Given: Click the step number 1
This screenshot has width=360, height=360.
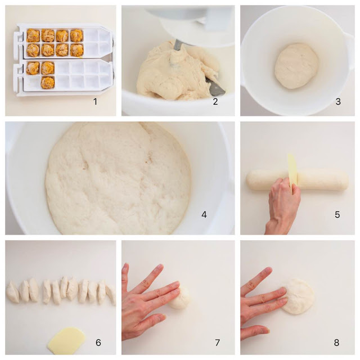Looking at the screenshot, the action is click(95, 101).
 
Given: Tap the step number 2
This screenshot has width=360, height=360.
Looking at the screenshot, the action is click(215, 101).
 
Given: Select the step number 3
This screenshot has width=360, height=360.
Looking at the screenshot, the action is click(338, 101).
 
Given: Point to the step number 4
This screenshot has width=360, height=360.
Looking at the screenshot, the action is click(204, 215).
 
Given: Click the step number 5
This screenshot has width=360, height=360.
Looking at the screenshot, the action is click(337, 215).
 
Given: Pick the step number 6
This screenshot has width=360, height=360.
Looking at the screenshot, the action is click(98, 343).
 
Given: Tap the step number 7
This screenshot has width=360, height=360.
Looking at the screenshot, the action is click(217, 343).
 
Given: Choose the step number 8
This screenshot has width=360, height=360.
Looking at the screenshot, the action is click(336, 343).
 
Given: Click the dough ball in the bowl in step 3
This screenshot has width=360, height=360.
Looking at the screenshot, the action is click(296, 66).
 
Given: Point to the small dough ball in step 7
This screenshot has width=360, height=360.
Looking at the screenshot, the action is click(181, 298).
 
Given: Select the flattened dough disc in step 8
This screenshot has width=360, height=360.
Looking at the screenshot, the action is click(298, 296).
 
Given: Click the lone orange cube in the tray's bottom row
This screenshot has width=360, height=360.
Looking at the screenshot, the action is click(47, 83).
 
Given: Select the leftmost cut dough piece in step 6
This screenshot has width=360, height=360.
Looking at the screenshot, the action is click(13, 292).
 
